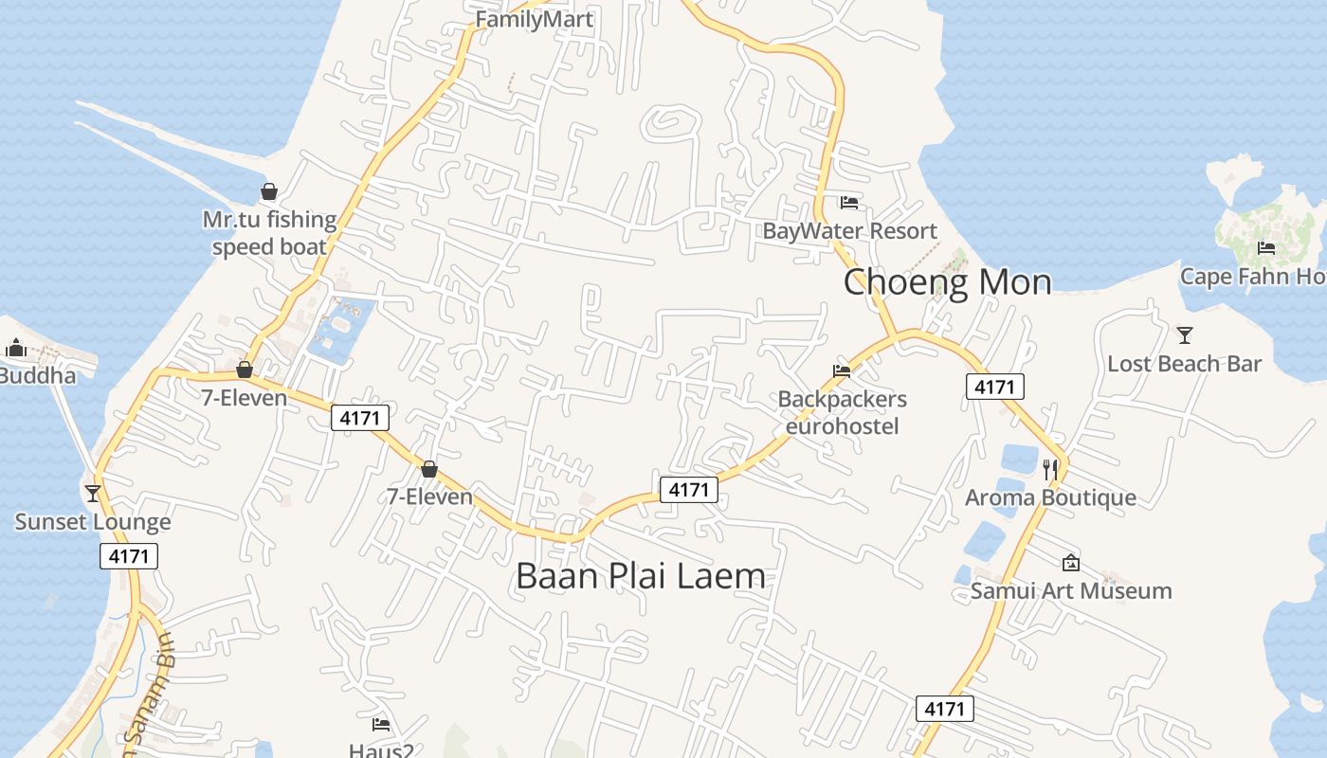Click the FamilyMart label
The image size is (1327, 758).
[534, 19]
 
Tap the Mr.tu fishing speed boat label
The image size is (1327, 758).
[269, 233]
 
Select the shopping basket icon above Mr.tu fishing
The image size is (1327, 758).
[269, 192]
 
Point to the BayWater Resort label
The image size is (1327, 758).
[849, 231]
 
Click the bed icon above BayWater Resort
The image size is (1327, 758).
[849, 203]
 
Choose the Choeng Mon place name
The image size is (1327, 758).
[947, 282]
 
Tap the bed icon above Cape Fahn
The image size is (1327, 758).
[1266, 248]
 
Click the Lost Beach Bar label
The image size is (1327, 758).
[1184, 364]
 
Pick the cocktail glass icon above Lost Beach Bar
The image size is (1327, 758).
[1184, 334]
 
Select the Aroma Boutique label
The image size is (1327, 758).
[1050, 497]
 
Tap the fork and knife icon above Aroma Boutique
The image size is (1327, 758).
[1050, 469]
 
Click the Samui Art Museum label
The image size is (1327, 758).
[1071, 591]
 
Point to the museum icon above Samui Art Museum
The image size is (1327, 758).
[1071, 563]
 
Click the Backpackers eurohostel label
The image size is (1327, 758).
[842, 413]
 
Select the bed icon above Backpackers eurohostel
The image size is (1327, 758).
[842, 371]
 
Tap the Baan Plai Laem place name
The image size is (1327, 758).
[640, 576]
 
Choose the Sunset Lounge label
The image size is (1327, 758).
[93, 522]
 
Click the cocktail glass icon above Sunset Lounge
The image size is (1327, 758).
[93, 494]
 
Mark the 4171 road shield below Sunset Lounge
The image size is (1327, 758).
[129, 556]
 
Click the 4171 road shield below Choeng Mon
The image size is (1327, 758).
[995, 387]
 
